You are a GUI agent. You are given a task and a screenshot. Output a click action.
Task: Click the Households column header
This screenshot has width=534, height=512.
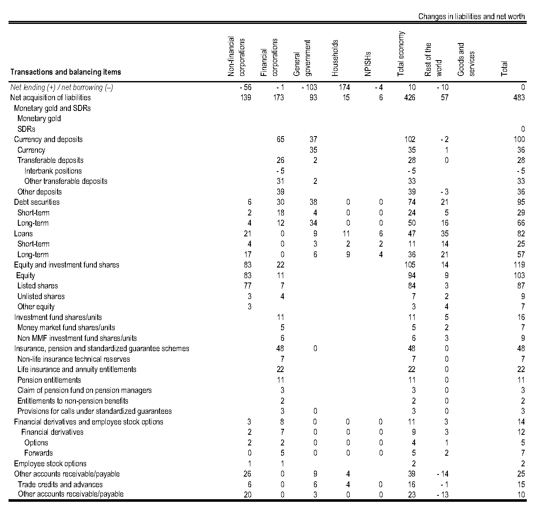335,58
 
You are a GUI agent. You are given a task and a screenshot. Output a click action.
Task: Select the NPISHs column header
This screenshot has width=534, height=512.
369,64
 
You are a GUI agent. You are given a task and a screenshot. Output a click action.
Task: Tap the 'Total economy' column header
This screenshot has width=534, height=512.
401,54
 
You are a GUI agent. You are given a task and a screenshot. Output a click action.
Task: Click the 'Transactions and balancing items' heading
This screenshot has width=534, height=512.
65,72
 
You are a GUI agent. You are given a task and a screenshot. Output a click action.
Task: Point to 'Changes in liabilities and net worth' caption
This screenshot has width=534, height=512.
471,17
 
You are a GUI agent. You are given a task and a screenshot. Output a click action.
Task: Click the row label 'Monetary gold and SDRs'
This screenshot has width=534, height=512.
52,108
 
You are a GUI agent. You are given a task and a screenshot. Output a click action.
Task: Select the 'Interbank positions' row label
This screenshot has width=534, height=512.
53,171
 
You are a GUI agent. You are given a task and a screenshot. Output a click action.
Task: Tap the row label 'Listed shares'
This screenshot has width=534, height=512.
38,286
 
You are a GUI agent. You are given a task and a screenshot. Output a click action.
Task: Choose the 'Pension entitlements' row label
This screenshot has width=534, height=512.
49,380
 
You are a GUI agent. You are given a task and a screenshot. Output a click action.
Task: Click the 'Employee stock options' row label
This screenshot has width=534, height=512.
50,464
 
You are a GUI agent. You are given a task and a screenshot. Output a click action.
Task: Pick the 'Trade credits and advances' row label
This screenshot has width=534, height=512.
60,485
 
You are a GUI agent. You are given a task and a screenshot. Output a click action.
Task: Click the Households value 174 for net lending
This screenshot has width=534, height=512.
344,87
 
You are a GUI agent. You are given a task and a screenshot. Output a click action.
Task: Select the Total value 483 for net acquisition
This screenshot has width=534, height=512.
519,98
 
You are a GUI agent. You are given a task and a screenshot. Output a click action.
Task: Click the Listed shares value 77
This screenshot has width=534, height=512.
247,286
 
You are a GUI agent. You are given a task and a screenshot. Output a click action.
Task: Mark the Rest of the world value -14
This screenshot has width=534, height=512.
442,474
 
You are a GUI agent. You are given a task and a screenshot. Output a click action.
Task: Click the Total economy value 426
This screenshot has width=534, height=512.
409,98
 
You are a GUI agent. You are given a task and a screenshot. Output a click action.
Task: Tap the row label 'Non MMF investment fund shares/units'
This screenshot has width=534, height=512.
77,338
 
